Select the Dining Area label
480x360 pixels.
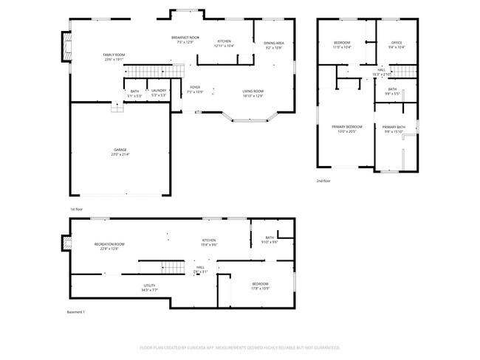click(274, 44)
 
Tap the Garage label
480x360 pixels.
click(119, 152)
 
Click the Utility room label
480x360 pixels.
click(149, 287)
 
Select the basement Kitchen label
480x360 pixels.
click(210, 242)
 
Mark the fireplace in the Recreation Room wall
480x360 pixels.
click(64, 244)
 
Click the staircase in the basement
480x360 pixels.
click(171, 267)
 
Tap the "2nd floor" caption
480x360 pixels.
click(323, 181)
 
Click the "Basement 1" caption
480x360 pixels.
click(76, 312)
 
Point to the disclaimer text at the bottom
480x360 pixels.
click(239, 347)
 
